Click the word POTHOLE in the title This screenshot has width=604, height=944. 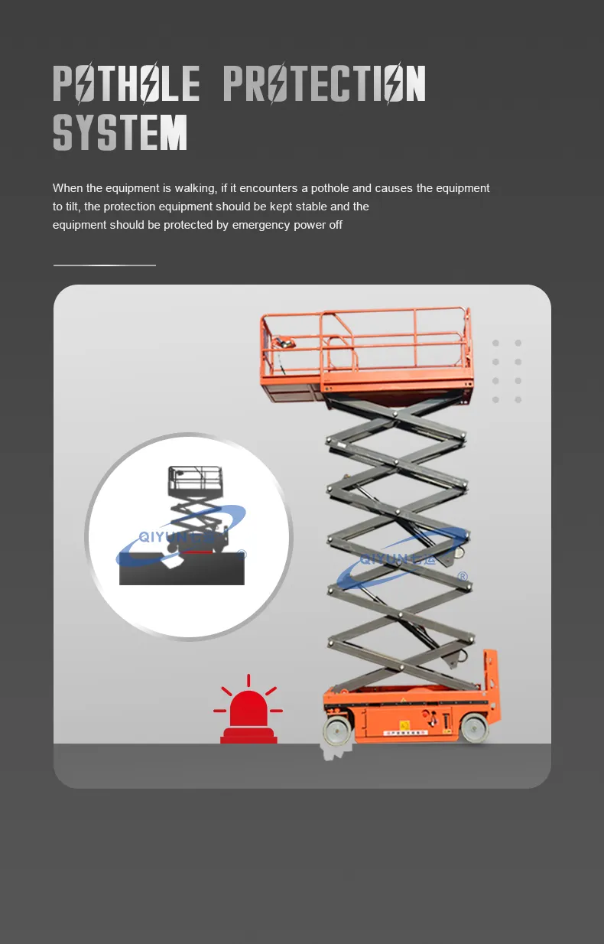[x=126, y=83]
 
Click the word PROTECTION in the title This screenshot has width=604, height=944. [x=324, y=83]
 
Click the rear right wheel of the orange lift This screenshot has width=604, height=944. [x=475, y=728]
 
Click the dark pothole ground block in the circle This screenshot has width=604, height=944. [x=182, y=569]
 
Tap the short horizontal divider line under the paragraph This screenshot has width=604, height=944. [x=105, y=265]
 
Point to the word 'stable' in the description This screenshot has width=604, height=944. [x=312, y=207]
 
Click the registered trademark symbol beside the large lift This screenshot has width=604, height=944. [x=462, y=577]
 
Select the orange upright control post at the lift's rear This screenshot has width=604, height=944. [x=490, y=681]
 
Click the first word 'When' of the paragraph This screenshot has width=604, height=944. [x=67, y=188]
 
